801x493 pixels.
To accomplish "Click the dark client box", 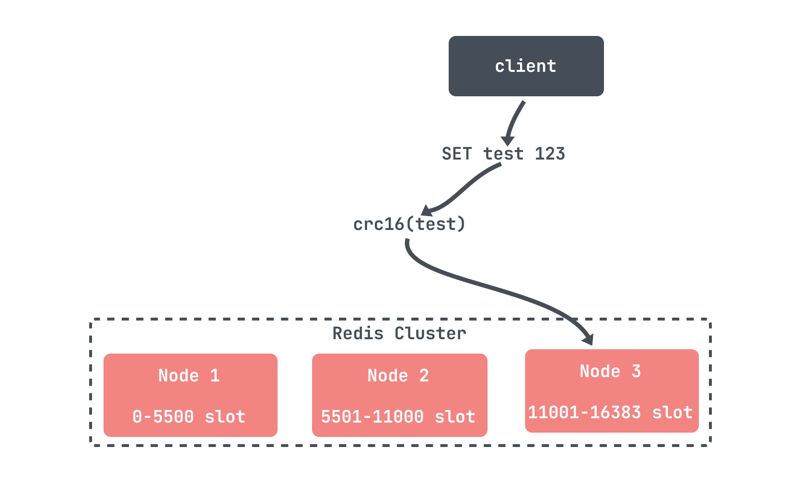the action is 526,66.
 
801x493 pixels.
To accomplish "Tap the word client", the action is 526,66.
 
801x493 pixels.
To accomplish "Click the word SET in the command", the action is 457,154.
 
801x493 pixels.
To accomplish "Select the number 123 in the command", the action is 550,154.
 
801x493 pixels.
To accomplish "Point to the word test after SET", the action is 503,154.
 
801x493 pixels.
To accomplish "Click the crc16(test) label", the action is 409,224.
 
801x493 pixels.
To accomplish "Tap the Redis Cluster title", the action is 399,333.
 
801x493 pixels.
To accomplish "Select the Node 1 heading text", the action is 189,376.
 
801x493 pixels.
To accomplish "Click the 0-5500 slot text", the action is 189,417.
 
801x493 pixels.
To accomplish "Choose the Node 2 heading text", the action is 398,376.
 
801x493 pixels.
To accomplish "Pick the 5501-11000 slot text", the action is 398,417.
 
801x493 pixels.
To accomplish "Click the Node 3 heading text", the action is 610,371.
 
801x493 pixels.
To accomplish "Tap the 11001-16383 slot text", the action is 610,413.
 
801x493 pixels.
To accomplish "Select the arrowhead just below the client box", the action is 508,141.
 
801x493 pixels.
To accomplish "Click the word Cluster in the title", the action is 430,333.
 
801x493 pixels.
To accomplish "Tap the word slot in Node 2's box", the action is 455,417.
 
